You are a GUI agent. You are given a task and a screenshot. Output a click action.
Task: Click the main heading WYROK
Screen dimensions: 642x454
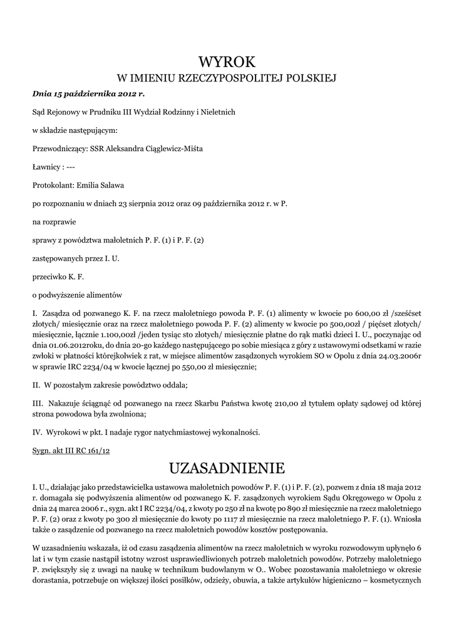(x=227, y=61)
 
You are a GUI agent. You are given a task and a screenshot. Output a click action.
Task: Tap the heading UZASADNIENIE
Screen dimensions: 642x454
(x=227, y=468)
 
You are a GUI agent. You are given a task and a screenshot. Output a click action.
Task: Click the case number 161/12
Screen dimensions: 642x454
(x=97, y=451)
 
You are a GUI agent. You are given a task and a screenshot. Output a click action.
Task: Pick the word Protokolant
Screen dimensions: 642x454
(x=53, y=185)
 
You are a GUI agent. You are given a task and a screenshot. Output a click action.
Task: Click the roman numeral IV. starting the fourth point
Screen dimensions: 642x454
(x=36, y=433)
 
